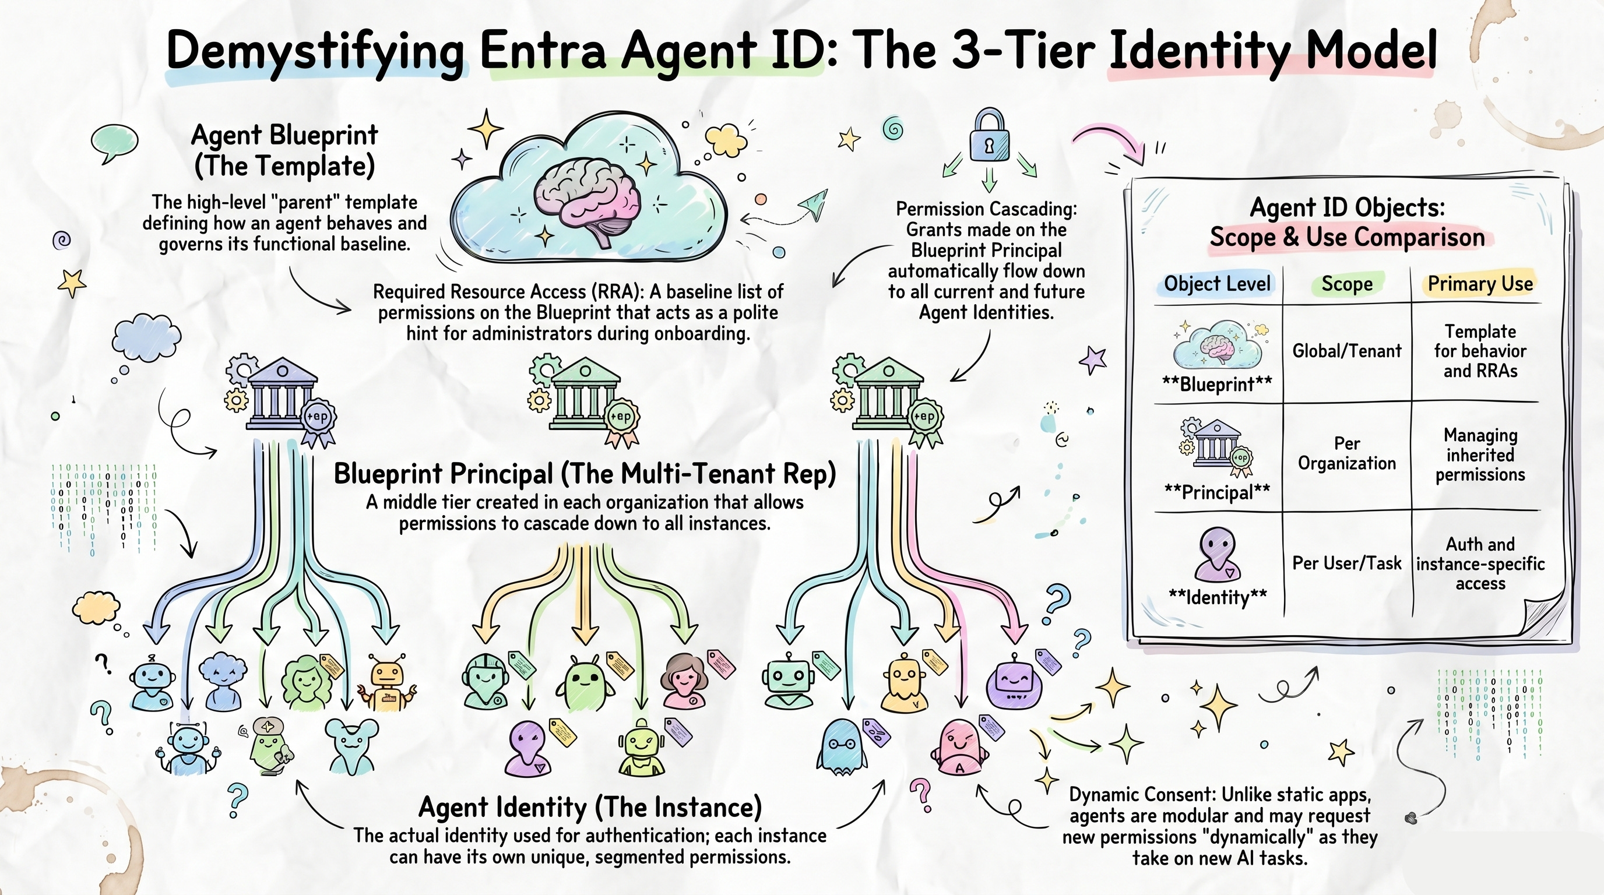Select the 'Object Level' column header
1217,284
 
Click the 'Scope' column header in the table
1347,284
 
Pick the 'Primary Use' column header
1480,284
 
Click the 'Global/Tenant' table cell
1347,351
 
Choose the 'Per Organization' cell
1347,453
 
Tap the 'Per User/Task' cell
1347,563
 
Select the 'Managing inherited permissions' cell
1480,454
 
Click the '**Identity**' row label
1218,597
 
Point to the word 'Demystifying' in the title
316,52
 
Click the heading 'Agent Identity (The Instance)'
590,807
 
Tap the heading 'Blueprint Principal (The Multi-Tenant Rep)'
585,474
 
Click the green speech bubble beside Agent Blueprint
114,143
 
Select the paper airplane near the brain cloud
813,205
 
